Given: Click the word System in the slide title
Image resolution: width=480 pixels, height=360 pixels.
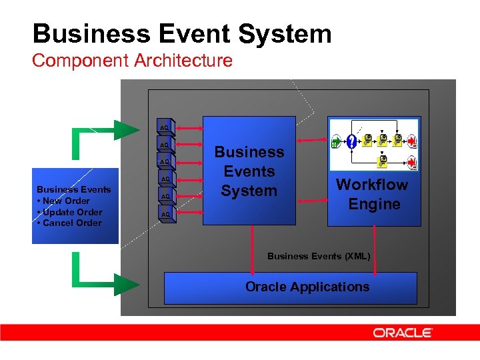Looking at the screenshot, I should [287, 34].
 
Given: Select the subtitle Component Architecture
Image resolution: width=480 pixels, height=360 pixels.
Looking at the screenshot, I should [132, 61].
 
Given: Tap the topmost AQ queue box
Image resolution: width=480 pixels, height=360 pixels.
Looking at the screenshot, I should [165, 127].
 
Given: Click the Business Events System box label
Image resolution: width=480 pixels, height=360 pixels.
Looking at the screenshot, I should [249, 171].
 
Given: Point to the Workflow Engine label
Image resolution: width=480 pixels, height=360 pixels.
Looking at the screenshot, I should [372, 194].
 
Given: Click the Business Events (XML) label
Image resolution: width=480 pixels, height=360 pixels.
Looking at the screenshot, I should [318, 256].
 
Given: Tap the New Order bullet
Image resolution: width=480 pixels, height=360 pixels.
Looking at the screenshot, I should [65, 201].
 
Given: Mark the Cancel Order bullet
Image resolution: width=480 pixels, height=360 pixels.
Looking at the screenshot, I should [71, 223].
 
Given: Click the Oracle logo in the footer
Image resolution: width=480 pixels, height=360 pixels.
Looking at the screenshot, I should [403, 333].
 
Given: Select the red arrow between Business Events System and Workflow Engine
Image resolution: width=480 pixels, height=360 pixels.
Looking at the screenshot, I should [311, 140].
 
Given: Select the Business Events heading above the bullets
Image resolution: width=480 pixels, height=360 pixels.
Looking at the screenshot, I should [73, 190].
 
